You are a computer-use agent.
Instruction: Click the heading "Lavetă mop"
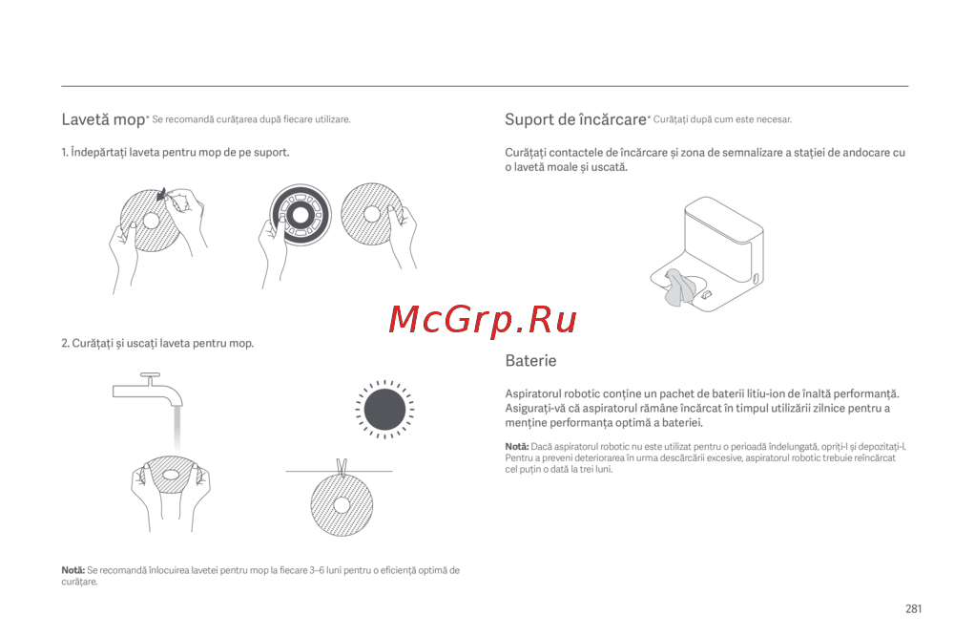pyautogui.click(x=103, y=119)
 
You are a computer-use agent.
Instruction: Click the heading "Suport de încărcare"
pyautogui.click(x=575, y=119)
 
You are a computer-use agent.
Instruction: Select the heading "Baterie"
pyautogui.click(x=530, y=360)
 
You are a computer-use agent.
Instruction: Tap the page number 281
pyautogui.click(x=913, y=608)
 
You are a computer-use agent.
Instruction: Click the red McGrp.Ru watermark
pyautogui.click(x=483, y=320)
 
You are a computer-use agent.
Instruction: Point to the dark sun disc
pyautogui.click(x=384, y=410)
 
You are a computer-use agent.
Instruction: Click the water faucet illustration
pyautogui.click(x=148, y=389)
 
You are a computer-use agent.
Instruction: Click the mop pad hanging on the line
pyautogui.click(x=342, y=505)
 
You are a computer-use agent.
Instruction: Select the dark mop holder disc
pyautogui.click(x=301, y=215)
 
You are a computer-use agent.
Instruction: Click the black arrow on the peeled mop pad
pyautogui.click(x=161, y=194)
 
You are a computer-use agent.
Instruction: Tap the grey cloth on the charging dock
pyautogui.click(x=679, y=287)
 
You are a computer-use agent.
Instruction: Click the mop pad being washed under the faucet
pyautogui.click(x=171, y=475)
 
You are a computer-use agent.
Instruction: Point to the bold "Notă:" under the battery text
pyautogui.click(x=516, y=446)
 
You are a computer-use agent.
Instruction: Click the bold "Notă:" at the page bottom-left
pyautogui.click(x=73, y=570)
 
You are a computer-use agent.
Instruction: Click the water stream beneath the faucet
pyautogui.click(x=177, y=430)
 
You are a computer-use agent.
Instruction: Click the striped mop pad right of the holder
pyautogui.click(x=372, y=214)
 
